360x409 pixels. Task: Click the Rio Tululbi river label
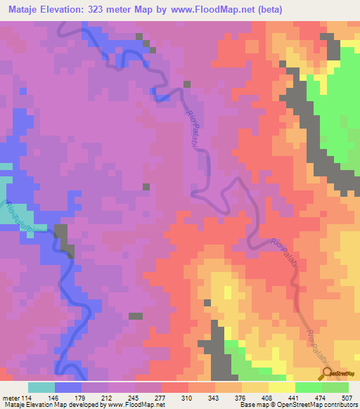[20, 217]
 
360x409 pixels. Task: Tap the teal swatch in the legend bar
[41, 387]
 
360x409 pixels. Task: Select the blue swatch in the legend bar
[68, 387]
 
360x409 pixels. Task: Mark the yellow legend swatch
[282, 387]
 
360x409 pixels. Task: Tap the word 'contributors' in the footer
[338, 404]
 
